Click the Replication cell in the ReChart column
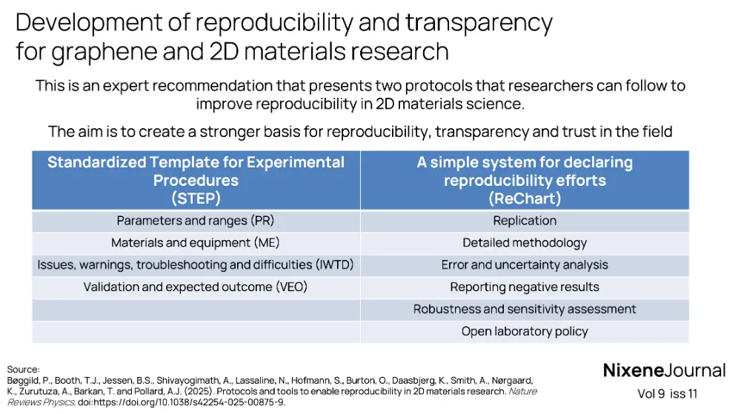click(x=525, y=221)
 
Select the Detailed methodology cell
click(x=525, y=243)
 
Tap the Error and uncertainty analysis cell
click(x=525, y=265)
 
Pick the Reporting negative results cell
click(x=525, y=287)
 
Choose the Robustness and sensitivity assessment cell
click(x=525, y=310)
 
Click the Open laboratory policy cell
click(x=525, y=332)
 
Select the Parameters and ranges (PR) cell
click(x=196, y=221)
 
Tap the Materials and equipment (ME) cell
click(x=196, y=243)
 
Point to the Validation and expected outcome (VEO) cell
click(x=196, y=287)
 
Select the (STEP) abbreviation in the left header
click(x=196, y=198)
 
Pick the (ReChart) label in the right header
click(x=525, y=198)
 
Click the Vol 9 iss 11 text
click(x=667, y=394)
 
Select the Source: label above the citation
click(x=22, y=369)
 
